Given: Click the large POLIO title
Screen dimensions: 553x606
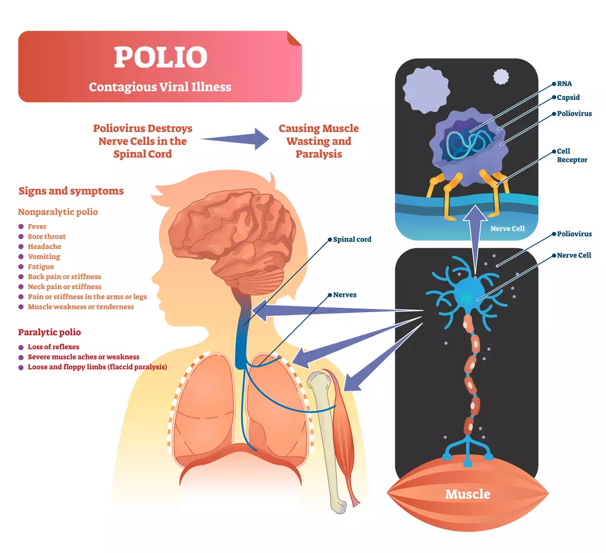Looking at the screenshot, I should click(160, 57).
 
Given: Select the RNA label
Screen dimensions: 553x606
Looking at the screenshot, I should click(564, 84).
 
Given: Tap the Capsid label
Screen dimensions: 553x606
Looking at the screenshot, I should click(568, 98).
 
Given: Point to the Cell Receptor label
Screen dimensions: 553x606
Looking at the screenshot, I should click(572, 156).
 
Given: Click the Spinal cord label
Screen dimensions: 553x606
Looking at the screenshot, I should click(352, 239).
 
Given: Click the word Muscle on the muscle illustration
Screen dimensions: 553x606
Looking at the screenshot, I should click(467, 494).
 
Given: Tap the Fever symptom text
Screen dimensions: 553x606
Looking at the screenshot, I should click(37, 226).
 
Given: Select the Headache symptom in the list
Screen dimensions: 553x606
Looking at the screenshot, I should click(44, 246).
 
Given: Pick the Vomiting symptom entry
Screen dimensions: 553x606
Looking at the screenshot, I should click(44, 257).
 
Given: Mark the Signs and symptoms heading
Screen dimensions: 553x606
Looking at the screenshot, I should click(71, 191).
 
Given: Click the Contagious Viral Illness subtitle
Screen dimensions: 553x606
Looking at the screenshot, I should click(160, 87).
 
